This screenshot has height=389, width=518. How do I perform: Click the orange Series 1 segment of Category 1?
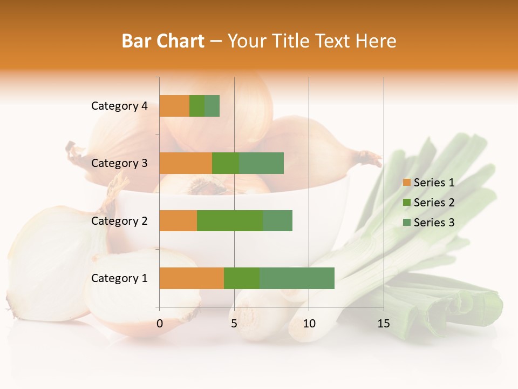click(x=192, y=278)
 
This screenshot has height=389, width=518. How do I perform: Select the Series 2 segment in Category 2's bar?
click(x=229, y=220)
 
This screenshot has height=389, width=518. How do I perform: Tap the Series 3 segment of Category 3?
click(x=261, y=163)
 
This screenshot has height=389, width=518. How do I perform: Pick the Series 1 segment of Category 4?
click(x=174, y=106)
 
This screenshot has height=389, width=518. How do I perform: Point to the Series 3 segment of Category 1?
click(x=297, y=278)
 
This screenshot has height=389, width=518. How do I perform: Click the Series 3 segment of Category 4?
click(x=212, y=106)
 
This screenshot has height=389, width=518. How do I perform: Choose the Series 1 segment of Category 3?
click(x=186, y=163)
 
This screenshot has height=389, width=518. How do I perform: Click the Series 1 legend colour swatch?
click(x=406, y=183)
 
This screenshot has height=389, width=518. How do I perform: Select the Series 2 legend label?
click(x=434, y=203)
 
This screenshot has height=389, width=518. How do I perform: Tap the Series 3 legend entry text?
click(x=434, y=223)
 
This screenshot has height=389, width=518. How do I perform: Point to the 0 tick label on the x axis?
click(x=160, y=324)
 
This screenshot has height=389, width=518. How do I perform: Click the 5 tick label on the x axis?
click(x=234, y=324)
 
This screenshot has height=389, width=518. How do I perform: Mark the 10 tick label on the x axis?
click(x=309, y=324)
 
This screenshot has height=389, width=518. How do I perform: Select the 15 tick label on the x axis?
click(x=384, y=324)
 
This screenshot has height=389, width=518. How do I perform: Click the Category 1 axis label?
click(x=119, y=278)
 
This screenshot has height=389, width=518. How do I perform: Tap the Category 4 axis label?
click(x=119, y=106)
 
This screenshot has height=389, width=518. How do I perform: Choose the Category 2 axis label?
click(x=119, y=220)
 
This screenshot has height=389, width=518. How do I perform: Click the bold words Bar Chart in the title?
click(x=163, y=41)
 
